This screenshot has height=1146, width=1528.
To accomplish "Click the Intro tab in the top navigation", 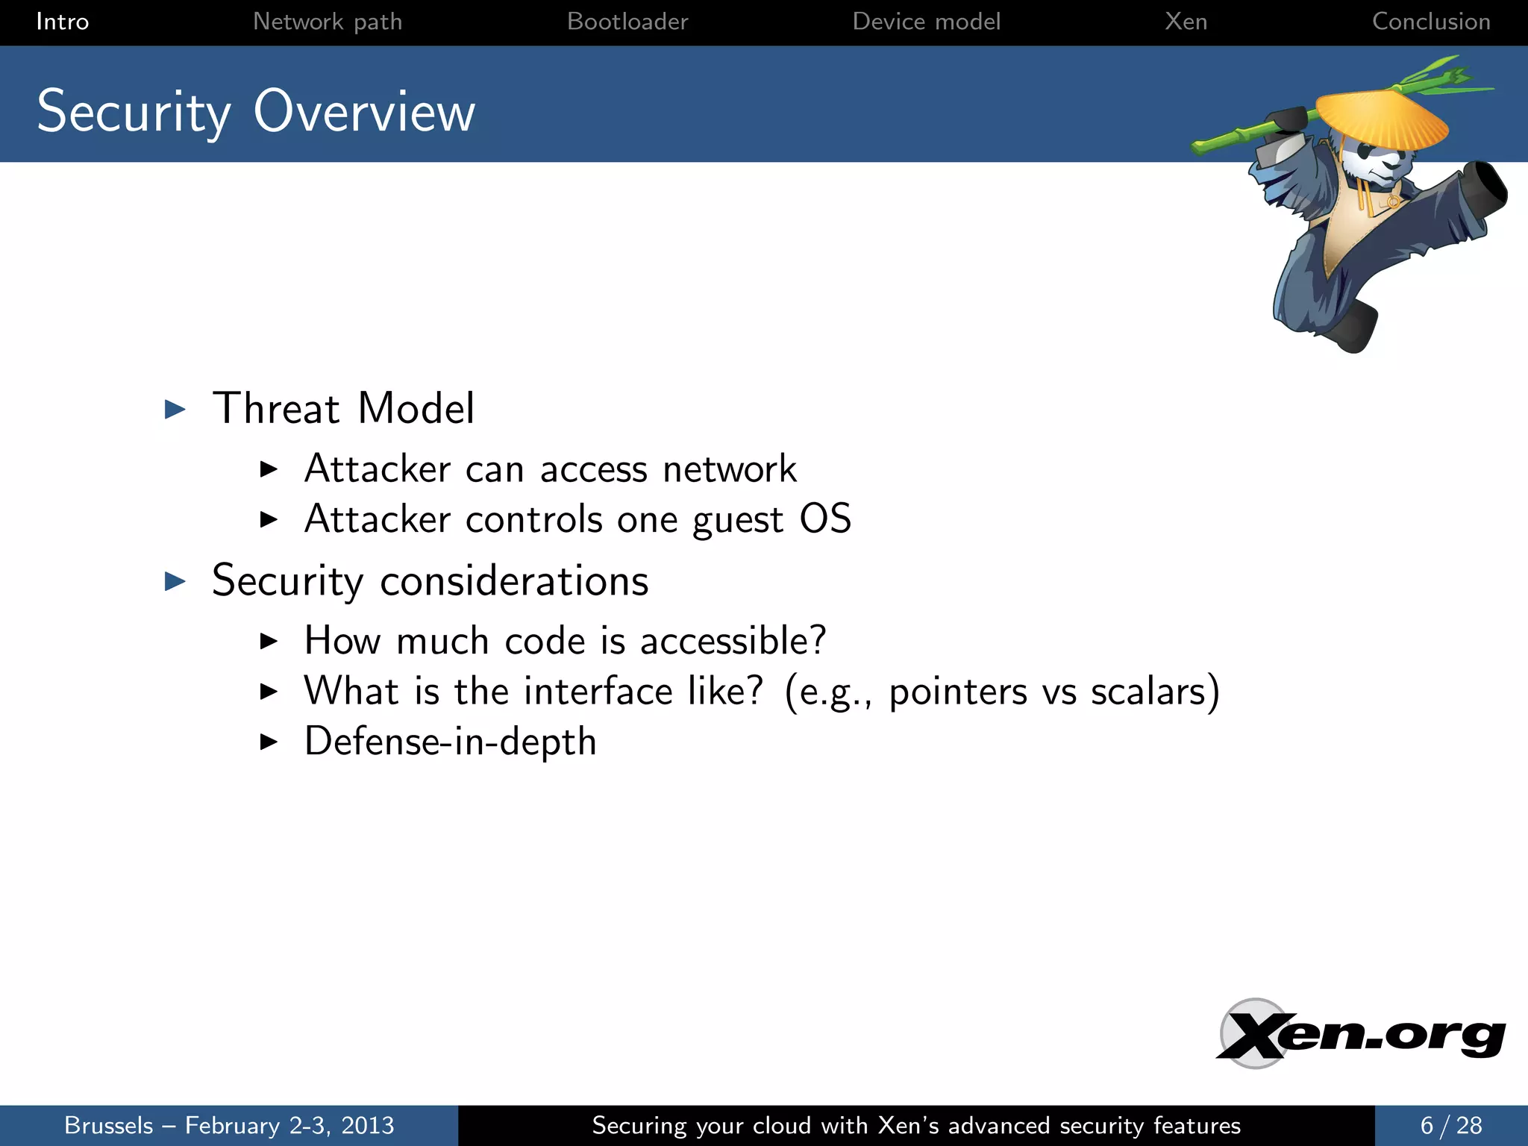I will (x=62, y=22).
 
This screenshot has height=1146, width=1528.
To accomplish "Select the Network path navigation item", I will (x=327, y=22).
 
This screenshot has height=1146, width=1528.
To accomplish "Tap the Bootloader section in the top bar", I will (x=627, y=22).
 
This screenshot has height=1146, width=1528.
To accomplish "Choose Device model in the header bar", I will (x=926, y=22).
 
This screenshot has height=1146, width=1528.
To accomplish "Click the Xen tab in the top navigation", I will (x=1186, y=22).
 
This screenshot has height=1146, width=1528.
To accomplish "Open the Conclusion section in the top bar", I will (x=1430, y=22).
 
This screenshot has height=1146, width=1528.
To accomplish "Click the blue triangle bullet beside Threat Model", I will (x=175, y=409).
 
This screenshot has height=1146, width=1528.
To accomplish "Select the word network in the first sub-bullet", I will (x=729, y=469).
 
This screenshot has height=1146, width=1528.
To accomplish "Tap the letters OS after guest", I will (x=824, y=519).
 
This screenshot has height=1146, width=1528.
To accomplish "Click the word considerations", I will (x=513, y=581).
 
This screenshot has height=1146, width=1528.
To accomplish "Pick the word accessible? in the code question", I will (x=733, y=641).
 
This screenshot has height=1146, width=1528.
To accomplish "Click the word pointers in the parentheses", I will (x=957, y=692).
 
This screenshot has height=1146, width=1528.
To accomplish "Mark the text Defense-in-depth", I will (x=450, y=742).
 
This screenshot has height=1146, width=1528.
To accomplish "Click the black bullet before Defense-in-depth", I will (x=269, y=742).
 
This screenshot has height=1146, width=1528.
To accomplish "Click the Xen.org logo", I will (x=1359, y=1035).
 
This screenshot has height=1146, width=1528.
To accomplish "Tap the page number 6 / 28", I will (x=1450, y=1125).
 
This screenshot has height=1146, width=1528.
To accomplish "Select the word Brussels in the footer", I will (x=108, y=1125).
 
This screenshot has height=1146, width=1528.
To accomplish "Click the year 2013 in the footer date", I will (x=367, y=1125).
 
